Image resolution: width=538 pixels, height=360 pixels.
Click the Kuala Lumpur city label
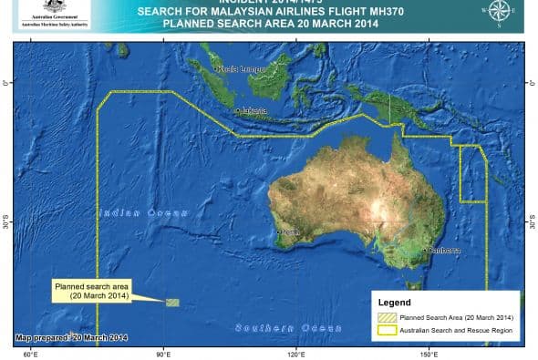(x=240, y=68)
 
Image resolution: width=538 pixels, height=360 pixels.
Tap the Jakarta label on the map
(x=253, y=111)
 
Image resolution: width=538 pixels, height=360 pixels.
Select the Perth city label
(x=291, y=232)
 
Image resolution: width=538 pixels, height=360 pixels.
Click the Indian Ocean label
(x=130, y=212)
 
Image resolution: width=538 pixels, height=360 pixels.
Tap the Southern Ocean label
(x=276, y=327)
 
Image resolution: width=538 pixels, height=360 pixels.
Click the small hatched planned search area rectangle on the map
(x=172, y=302)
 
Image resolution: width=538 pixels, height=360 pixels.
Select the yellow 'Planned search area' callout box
(x=91, y=291)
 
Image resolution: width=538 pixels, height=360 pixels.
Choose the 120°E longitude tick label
(x=295, y=352)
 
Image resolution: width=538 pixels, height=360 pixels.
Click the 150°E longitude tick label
(x=428, y=352)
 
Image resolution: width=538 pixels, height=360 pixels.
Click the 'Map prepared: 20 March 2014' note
(x=71, y=338)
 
